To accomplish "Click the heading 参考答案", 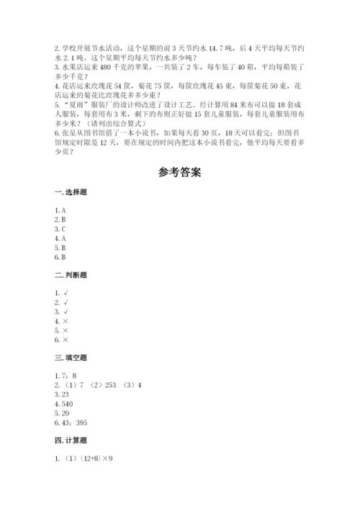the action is click(x=180, y=172).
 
